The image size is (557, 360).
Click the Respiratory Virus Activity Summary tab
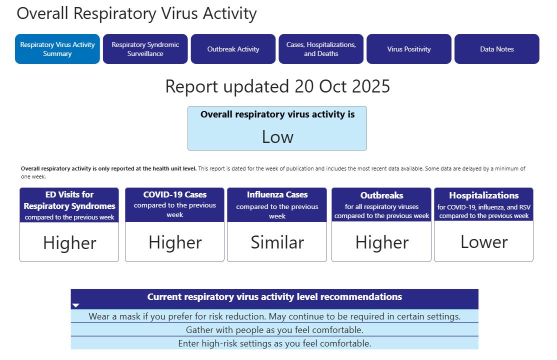coord(57,49)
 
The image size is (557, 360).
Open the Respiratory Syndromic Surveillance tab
coord(145,49)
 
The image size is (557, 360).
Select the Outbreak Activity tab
coord(233,49)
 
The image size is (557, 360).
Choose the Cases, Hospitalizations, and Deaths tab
coord(321,49)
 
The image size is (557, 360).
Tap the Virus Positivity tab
coord(409,49)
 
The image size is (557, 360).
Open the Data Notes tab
coord(497,49)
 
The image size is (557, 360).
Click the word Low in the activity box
coord(277,137)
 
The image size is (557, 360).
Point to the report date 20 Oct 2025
coord(342,86)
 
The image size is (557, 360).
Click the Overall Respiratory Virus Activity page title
coord(137,14)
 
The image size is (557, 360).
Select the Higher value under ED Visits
coord(69,243)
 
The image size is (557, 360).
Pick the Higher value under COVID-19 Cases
coord(175,242)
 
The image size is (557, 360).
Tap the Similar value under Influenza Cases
coord(277,242)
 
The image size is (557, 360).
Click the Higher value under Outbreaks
coord(382,242)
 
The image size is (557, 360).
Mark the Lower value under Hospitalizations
coord(484,242)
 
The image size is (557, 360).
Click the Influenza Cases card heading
coord(277,194)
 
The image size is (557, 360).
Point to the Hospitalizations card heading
coord(484,195)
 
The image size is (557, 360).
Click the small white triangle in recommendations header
coord(75,305)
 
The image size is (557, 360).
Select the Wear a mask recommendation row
coord(274,316)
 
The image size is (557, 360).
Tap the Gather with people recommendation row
coord(274,330)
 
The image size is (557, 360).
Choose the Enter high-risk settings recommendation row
coord(274,343)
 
